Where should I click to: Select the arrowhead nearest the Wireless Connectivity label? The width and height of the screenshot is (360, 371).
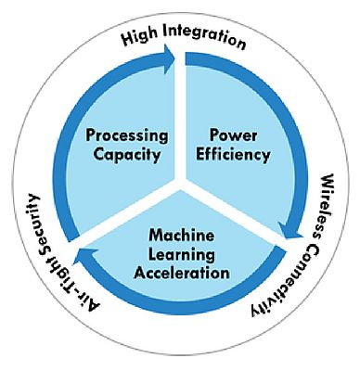pyautogui.click(x=291, y=243)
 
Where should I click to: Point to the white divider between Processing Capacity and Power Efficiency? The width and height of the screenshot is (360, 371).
pyautogui.click(x=181, y=121)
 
